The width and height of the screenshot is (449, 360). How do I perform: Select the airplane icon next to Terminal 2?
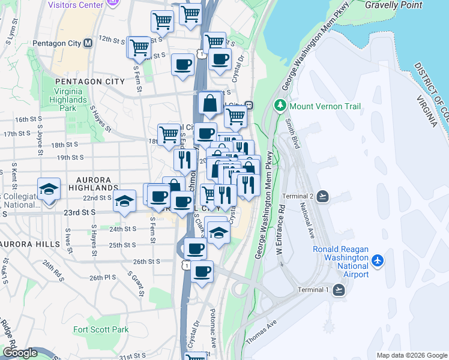pos(323,196)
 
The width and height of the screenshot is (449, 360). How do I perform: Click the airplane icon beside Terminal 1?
pos(339,290)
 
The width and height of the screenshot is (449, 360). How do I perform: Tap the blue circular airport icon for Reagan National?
pos(378,260)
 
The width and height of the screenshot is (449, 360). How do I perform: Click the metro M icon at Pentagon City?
pos(88,43)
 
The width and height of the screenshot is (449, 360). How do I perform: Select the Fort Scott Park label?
pos(101,329)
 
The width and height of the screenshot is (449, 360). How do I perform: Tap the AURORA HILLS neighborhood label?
pos(30,244)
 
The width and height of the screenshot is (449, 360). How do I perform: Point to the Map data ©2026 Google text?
pos(411,355)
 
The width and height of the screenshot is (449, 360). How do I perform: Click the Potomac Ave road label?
pos(214,329)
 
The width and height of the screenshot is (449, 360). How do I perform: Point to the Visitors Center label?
pos(76,4)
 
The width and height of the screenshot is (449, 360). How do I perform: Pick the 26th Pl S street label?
pos(103,278)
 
